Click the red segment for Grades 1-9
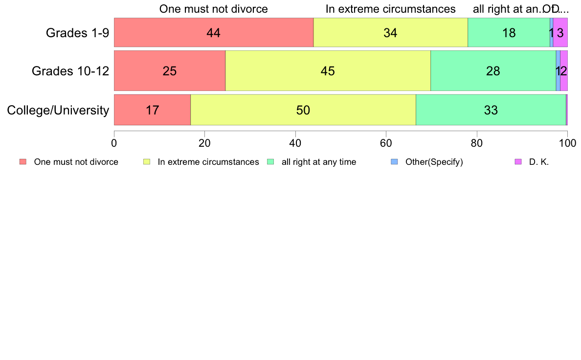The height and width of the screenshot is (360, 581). pos(213,33)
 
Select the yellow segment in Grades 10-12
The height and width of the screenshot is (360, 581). pos(328,71)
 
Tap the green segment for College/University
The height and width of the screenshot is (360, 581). pos(491,110)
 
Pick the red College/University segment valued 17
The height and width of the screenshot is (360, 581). pos(152,110)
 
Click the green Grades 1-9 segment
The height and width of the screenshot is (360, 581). pos(509,33)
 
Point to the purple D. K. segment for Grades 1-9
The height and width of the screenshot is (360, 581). pos(560,33)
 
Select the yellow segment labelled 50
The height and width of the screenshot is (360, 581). pos(303,110)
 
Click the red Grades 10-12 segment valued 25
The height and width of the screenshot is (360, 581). pos(169,71)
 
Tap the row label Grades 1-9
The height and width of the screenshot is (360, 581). pos(77,33)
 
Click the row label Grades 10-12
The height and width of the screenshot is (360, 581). pos(70,71)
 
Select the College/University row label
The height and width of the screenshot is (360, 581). pos(58,110)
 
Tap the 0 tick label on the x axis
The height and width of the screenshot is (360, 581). pos(114,143)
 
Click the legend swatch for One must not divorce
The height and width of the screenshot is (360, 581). pos(22,162)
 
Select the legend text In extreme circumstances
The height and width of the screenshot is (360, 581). pos(208,162)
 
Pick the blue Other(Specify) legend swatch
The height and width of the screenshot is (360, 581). pos(395,162)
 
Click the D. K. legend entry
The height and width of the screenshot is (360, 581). pos(538,162)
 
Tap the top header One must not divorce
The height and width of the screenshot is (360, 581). pos(214,9)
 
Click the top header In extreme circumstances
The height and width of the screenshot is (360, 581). pos(390,9)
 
